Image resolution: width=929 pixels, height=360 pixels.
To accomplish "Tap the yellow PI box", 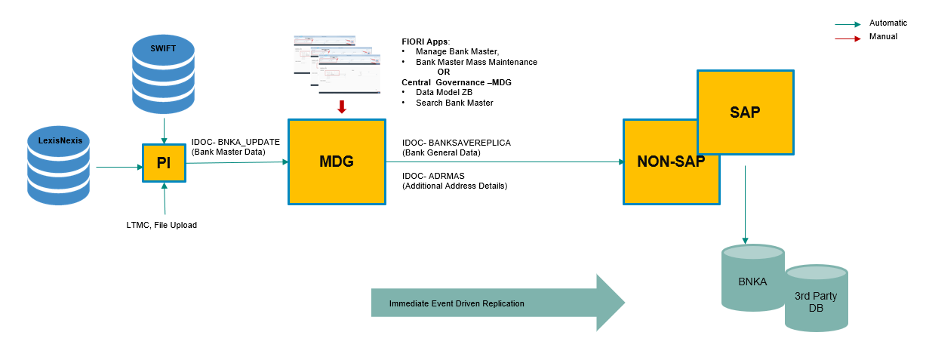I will (x=164, y=162).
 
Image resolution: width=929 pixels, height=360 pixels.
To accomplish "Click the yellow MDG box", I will (x=336, y=162).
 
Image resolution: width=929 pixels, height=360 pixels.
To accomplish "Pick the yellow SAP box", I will (x=745, y=113).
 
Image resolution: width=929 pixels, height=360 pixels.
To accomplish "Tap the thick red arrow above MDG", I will (x=341, y=106).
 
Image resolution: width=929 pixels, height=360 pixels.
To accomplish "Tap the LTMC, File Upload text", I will (x=161, y=225).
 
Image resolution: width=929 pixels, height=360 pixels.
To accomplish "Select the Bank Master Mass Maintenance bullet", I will (x=476, y=62).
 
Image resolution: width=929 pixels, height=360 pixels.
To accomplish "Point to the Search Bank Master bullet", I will (x=454, y=103).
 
